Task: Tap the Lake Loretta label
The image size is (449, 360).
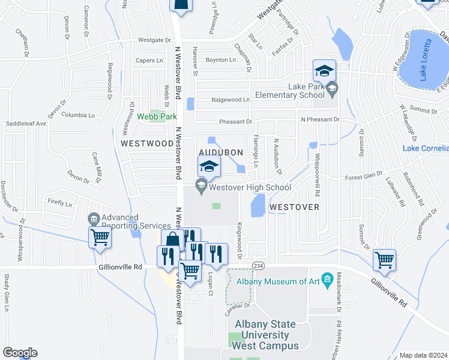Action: (x=426, y=61)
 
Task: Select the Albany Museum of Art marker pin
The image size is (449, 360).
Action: (x=327, y=280)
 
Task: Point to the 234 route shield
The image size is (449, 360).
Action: (x=258, y=266)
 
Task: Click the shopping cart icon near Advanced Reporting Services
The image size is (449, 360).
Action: (x=100, y=237)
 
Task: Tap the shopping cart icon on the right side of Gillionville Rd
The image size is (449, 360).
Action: (x=384, y=260)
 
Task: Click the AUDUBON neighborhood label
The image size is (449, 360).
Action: (x=221, y=152)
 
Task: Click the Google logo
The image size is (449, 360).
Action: (x=20, y=353)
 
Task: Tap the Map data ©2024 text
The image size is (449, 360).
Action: (x=423, y=355)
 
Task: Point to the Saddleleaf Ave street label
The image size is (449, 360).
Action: (x=26, y=124)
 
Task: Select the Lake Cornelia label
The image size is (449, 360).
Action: (x=425, y=148)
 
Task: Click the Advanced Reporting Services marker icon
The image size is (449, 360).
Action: (x=93, y=218)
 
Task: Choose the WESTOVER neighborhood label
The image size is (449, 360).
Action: (x=294, y=206)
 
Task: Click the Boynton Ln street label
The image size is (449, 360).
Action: (x=220, y=60)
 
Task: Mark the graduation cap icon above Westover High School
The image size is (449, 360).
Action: (x=209, y=166)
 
